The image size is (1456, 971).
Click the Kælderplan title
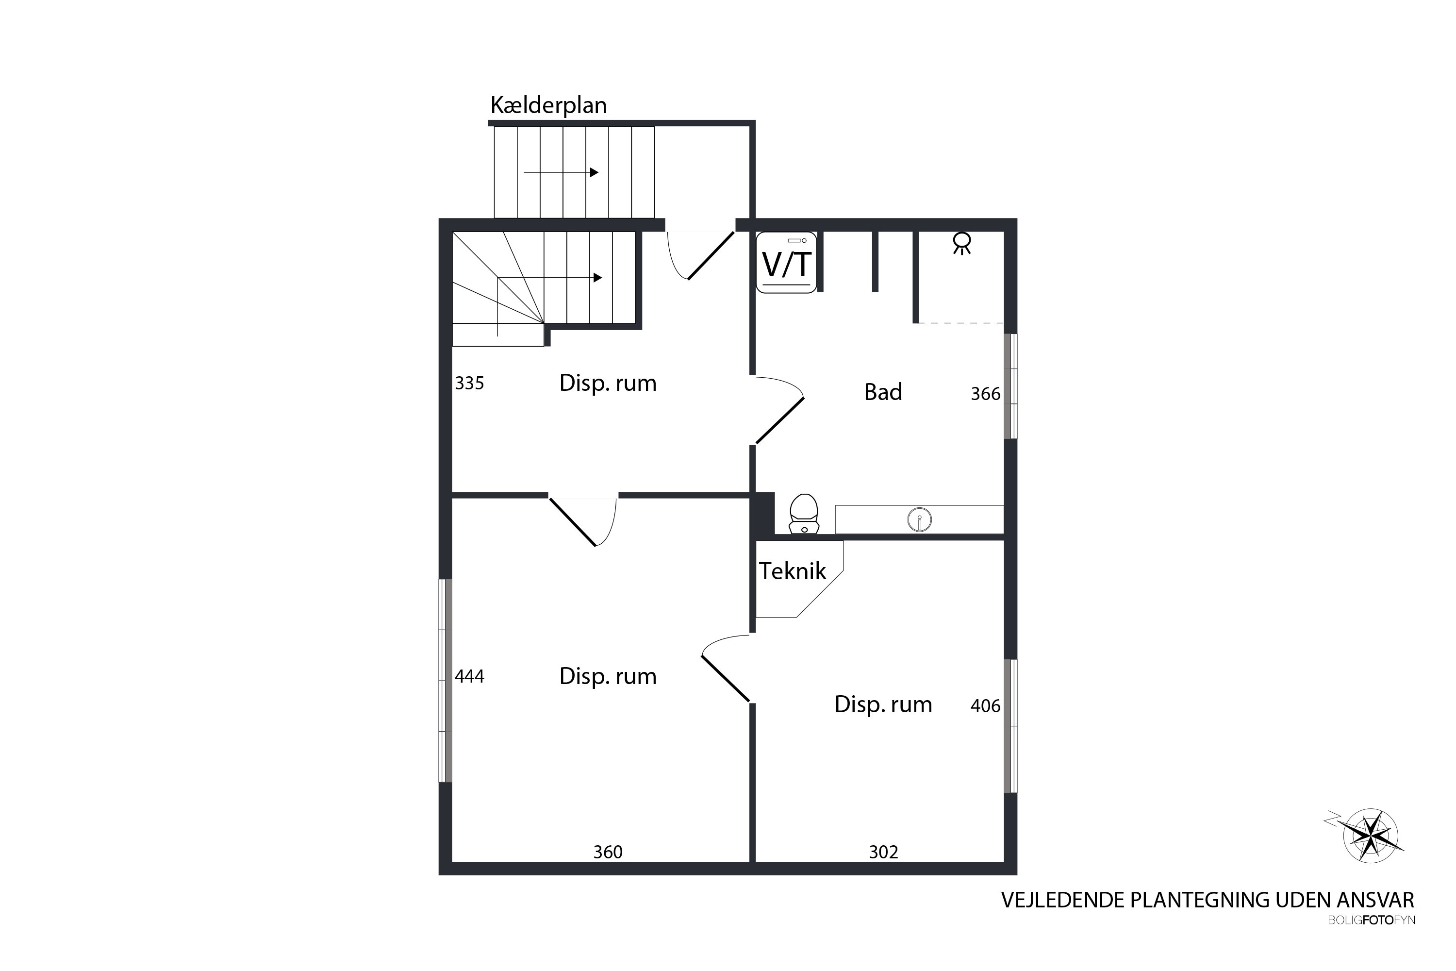(548, 105)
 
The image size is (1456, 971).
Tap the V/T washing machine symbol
(786, 263)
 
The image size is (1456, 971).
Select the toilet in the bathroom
(804, 514)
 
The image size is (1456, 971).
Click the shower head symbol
(961, 243)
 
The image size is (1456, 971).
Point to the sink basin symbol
(920, 520)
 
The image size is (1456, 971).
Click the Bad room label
(883, 392)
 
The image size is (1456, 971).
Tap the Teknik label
(793, 571)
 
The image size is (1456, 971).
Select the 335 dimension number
(469, 384)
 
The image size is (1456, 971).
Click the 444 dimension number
(469, 676)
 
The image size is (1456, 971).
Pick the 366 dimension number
(986, 394)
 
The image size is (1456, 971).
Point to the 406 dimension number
(986, 706)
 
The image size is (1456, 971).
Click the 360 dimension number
(608, 852)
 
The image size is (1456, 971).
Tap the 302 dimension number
(883, 852)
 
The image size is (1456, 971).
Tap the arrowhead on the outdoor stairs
(594, 172)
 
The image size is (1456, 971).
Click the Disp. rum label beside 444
(608, 676)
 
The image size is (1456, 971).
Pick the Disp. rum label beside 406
(883, 705)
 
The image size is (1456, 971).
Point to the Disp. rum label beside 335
(608, 384)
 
